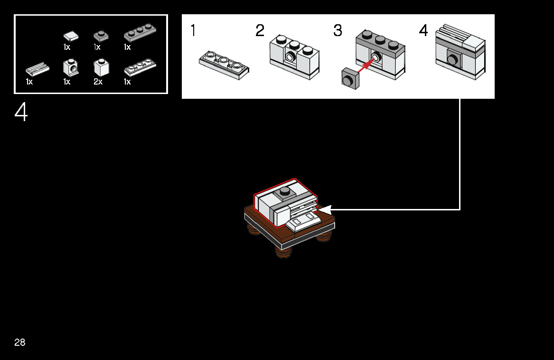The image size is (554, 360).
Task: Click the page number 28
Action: [x=20, y=342]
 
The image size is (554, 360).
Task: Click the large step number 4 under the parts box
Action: [x=21, y=113]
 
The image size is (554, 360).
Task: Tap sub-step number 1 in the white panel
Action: [x=193, y=31]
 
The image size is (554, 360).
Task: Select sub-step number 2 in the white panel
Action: [x=260, y=31]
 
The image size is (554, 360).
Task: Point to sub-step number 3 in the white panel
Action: [x=338, y=31]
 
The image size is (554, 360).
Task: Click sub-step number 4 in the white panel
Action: [x=423, y=31]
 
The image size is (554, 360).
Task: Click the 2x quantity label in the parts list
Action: [x=98, y=82]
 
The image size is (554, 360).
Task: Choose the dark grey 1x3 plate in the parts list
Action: [x=140, y=33]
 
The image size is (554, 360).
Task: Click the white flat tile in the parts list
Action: [x=71, y=36]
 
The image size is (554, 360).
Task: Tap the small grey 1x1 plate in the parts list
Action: [x=101, y=35]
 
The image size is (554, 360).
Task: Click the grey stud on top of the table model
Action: [x=285, y=191]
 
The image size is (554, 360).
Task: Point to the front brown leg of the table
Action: [x=283, y=252]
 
